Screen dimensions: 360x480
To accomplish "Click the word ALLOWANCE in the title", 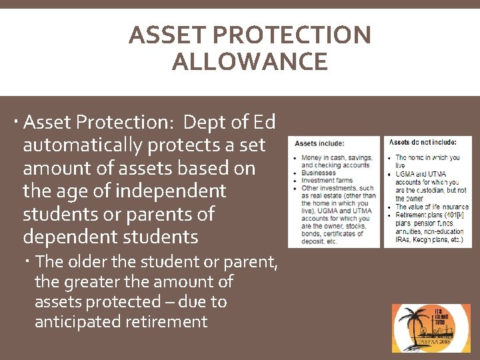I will click(249, 62).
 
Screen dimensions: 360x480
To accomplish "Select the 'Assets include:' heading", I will click(319, 143).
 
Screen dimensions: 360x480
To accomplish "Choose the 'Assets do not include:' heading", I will click(423, 143).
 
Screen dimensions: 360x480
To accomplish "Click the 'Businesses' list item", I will click(318, 173).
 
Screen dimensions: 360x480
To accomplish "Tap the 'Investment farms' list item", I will click(327, 181).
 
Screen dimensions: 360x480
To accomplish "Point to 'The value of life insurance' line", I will click(431, 207).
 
